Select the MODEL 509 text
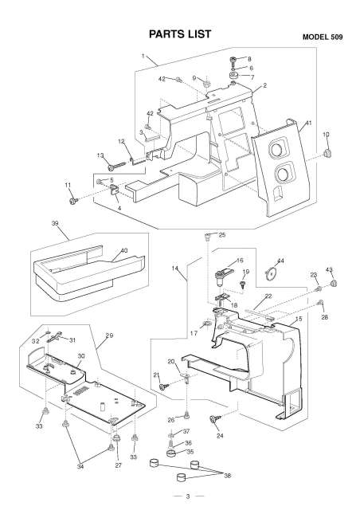point(326,37)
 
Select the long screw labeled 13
point(112,166)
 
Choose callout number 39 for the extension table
point(55,226)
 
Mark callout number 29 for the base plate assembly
point(108,335)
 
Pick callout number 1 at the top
point(143,57)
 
